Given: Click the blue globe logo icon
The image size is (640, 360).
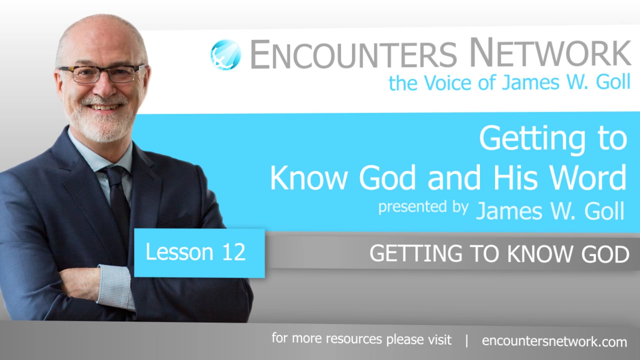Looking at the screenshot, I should (x=226, y=55).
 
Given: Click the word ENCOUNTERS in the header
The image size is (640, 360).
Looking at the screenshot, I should (x=353, y=54).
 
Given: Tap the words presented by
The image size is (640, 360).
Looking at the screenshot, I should (x=423, y=207).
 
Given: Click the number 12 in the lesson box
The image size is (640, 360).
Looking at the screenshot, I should (x=234, y=252).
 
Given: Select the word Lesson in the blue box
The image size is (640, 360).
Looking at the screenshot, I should (x=179, y=252).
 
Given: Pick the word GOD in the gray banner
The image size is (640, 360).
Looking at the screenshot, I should (x=605, y=254).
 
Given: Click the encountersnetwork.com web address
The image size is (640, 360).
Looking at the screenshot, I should (x=554, y=342).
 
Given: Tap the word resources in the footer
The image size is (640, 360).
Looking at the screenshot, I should (x=354, y=339).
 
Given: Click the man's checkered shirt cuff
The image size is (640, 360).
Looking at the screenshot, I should (x=115, y=287).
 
